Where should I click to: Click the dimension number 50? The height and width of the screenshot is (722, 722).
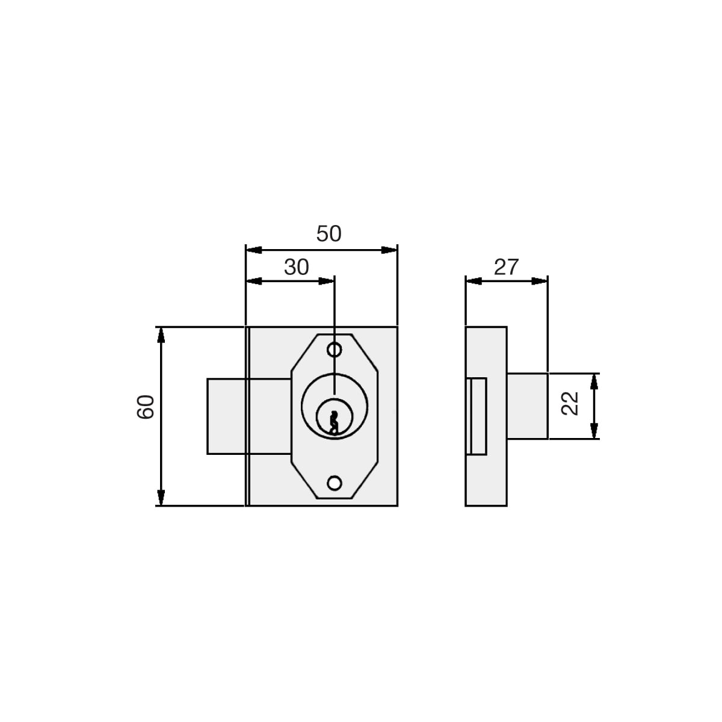point(329,234)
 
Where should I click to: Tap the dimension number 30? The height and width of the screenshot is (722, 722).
point(296,267)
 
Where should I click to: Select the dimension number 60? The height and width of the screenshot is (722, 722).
point(146,407)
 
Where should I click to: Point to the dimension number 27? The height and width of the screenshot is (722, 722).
point(506,267)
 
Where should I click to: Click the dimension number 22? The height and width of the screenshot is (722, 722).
point(570,404)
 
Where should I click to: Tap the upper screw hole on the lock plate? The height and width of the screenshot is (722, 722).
point(334,350)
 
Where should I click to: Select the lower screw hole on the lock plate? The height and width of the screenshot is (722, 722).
point(334,483)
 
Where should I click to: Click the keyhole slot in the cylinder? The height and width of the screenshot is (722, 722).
point(333,422)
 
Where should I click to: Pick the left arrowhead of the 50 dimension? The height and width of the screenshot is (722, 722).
point(254,250)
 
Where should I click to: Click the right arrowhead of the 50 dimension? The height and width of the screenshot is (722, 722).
point(389,250)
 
